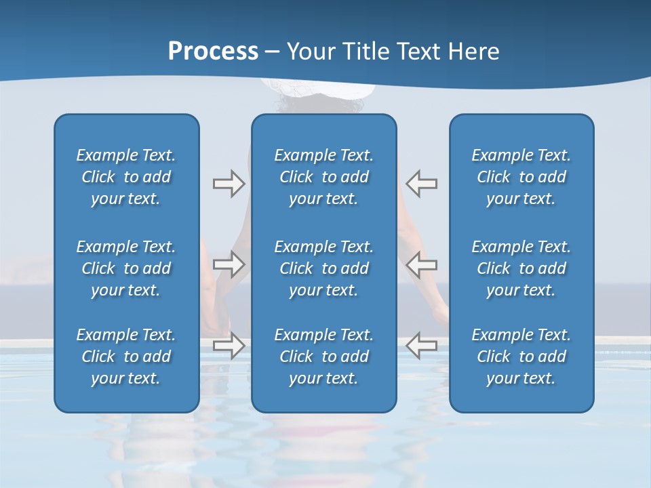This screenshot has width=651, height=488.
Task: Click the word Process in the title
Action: coord(213,52)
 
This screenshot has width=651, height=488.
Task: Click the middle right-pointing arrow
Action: coord(229,264)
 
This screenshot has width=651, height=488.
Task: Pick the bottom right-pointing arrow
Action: coord(229,345)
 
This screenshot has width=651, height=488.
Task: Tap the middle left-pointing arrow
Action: coord(421,264)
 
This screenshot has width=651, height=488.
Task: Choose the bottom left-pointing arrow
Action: coord(421,345)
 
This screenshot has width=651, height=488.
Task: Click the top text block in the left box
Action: coord(126,177)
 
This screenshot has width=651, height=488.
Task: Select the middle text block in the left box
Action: coord(126,268)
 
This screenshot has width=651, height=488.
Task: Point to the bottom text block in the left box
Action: coord(126,357)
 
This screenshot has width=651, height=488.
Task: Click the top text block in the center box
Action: coord(323,177)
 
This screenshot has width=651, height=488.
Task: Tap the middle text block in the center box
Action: coord(323,268)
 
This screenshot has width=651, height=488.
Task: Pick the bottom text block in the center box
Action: coord(323,357)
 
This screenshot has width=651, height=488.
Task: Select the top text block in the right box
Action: coord(521,177)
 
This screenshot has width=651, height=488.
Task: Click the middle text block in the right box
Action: coord(521,268)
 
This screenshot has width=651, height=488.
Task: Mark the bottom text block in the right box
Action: coord(521,357)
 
